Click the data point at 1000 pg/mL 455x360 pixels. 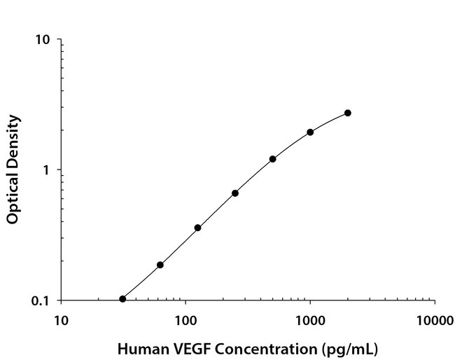point(310,132)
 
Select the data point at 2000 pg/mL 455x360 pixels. point(348,113)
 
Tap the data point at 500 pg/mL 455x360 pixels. point(272,159)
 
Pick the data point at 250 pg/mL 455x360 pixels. point(235,193)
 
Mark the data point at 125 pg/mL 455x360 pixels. point(197,228)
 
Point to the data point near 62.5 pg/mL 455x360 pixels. point(160,265)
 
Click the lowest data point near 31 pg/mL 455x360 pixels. point(122,299)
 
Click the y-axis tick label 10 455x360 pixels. point(43,40)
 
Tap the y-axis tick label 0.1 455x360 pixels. point(41,301)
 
